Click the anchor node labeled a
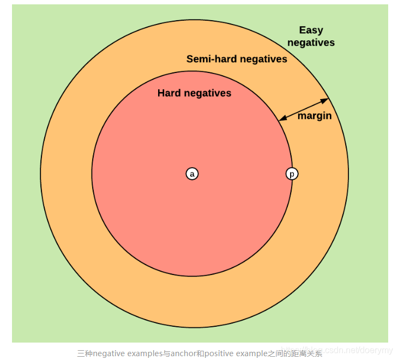click(x=192, y=174)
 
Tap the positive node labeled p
click(x=292, y=174)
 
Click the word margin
click(x=315, y=116)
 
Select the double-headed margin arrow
click(x=304, y=109)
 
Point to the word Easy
click(x=311, y=30)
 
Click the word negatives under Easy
click(x=311, y=42)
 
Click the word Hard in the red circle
click(x=169, y=93)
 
